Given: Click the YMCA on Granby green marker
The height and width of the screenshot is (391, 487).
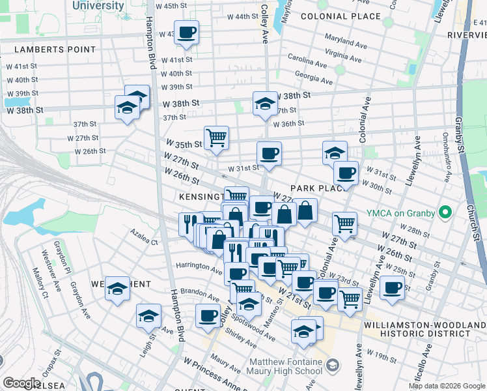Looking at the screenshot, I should pyautogui.click(x=445, y=212).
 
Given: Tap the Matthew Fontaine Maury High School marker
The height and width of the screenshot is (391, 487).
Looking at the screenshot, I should pyautogui.click(x=333, y=363).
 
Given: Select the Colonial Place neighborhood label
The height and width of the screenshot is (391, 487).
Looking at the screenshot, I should pyautogui.click(x=341, y=16).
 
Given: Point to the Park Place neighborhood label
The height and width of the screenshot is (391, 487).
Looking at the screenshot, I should pyautogui.click(x=320, y=188).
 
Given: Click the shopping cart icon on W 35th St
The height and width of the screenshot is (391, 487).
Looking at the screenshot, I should pyautogui.click(x=216, y=138).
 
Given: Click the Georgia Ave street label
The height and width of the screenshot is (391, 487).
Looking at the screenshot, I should pyautogui.click(x=314, y=78).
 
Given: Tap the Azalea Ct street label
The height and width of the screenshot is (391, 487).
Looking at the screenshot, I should pyautogui.click(x=144, y=241).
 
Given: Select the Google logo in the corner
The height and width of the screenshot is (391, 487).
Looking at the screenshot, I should pyautogui.click(x=21, y=383).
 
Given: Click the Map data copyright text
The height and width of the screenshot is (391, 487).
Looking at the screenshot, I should pyautogui.click(x=446, y=386).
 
